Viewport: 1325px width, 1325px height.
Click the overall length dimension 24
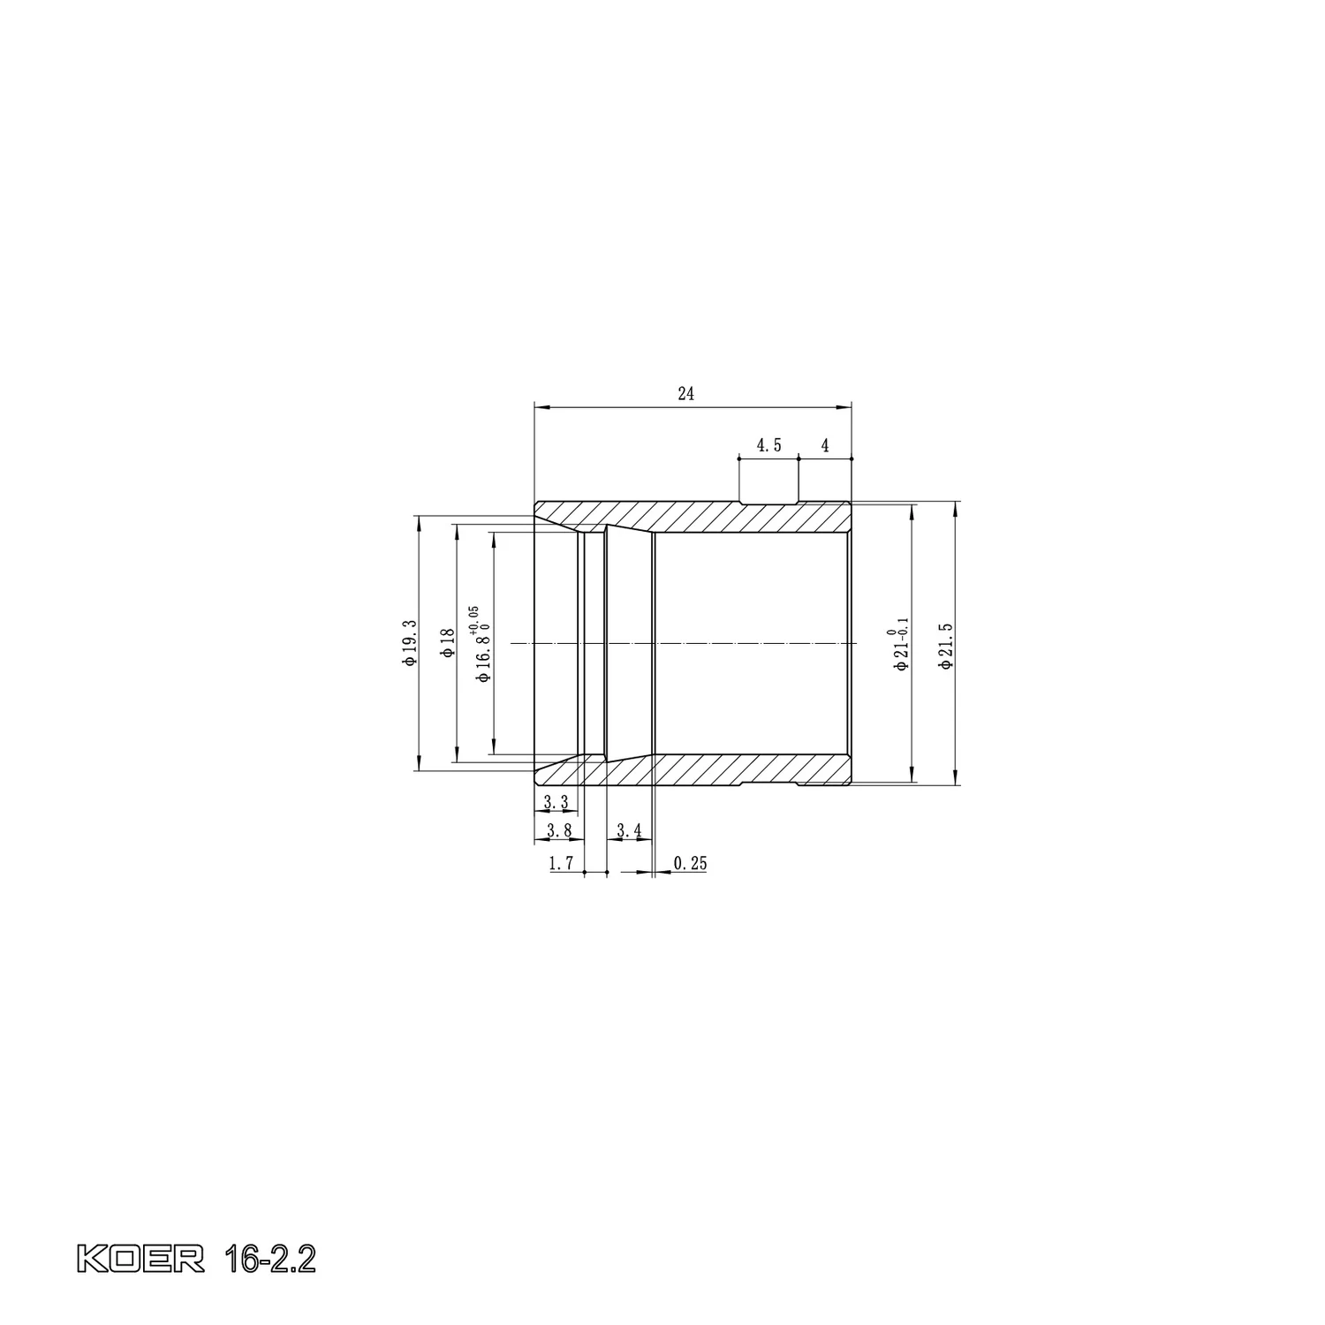coord(686,394)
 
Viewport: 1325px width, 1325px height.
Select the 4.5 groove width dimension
coord(768,445)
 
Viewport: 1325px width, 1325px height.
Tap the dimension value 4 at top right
coord(825,445)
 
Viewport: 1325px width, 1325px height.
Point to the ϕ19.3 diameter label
coord(409,643)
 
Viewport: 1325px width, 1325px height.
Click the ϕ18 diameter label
coord(447,643)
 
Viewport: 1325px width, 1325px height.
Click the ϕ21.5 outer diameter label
coord(946,646)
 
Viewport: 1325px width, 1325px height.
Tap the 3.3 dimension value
coord(556,803)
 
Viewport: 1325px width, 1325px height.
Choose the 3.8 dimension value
coord(559,830)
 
